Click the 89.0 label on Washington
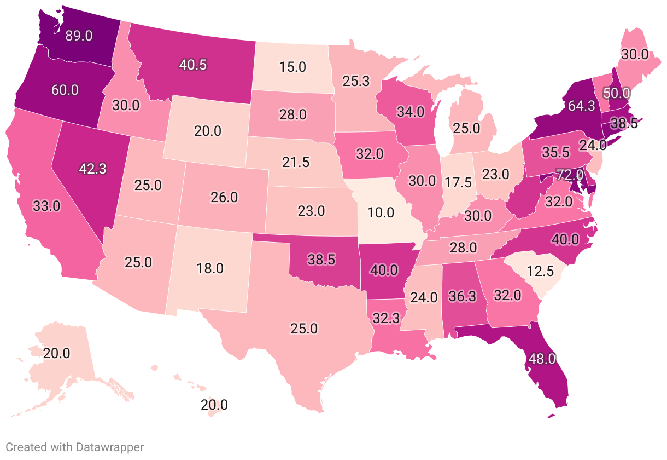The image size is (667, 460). pos(79,36)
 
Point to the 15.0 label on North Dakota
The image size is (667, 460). pos(292,67)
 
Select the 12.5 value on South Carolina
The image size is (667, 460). pos(541,271)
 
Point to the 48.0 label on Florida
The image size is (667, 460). pos(542,359)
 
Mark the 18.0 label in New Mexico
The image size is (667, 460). pos(210,268)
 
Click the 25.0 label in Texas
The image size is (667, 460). pos(303,329)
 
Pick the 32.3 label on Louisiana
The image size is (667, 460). pos(388,318)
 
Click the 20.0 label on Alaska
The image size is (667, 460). pos(57,353)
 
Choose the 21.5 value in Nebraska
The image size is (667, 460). pos(295,162)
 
